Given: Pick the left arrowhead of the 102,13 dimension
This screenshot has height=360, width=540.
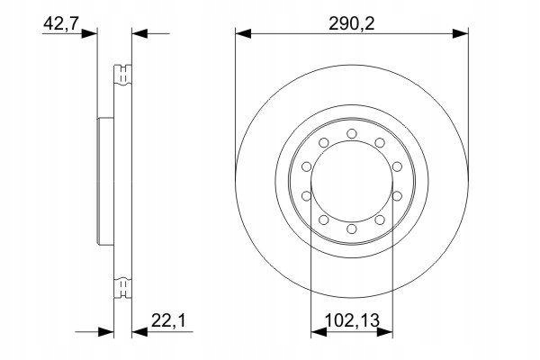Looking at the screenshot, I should coord(316,333).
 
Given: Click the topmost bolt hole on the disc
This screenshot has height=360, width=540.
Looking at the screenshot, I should coord(351,134).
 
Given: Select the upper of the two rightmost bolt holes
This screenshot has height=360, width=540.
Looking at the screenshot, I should coord(395,166).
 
